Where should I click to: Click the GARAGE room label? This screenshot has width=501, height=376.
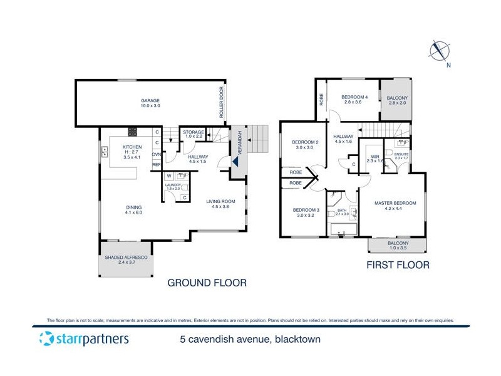point(150,101)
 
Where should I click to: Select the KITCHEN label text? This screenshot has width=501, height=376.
point(132,147)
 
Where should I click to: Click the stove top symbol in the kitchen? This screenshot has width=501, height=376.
point(133,132)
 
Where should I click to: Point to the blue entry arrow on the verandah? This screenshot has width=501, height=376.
point(236,160)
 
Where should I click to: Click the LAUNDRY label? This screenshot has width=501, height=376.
point(173,185)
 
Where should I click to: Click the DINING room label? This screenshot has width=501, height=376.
point(133,207)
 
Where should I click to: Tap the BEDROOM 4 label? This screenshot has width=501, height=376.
point(355,97)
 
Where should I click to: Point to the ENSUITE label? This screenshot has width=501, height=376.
point(401,154)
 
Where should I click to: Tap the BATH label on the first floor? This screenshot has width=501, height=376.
point(341,211)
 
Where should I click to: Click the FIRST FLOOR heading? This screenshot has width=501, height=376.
point(398,265)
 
